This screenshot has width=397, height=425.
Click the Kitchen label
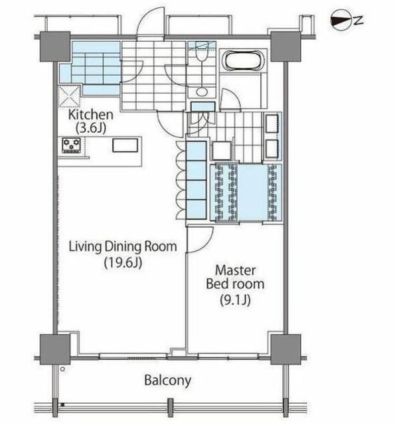pos(90,115)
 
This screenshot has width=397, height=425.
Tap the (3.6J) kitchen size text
pos(90,128)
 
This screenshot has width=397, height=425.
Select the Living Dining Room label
pos(123,246)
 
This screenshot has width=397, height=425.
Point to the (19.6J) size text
pos(123,262)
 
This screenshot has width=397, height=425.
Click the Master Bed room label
pos(235,277)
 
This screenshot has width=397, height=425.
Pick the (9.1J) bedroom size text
pos(234,299)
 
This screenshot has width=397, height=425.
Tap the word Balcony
pos(167,381)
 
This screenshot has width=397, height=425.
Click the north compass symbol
pos(341,21)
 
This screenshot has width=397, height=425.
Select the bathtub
pos(243,60)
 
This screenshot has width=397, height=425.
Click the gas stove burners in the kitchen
pos(72,145)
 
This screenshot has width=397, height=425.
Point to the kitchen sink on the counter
pos(125,145)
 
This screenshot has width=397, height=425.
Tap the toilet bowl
pos(202,55)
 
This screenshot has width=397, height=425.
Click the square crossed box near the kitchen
pos(70,96)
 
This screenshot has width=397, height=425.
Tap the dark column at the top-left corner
pos(55,46)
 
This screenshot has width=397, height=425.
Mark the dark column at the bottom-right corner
pos(285,349)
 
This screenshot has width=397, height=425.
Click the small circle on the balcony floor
pos(63,369)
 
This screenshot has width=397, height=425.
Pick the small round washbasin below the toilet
pos(202,92)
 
